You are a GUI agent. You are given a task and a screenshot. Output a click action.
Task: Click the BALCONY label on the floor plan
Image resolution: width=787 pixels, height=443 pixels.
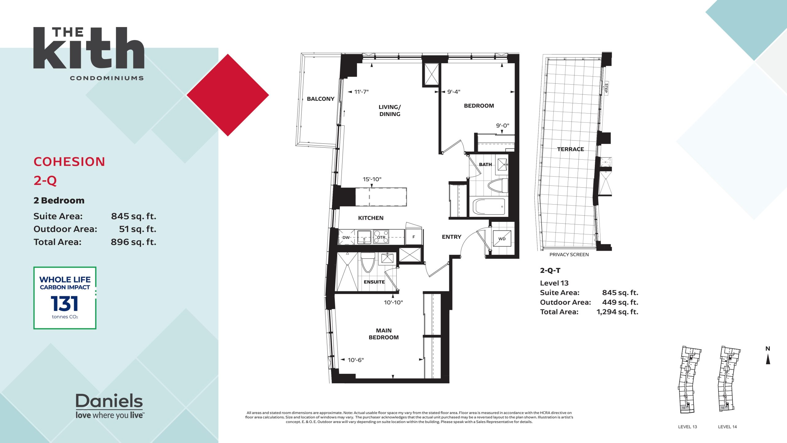pos(321,99)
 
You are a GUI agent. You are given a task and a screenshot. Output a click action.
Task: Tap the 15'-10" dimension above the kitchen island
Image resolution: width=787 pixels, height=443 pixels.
pos(372,179)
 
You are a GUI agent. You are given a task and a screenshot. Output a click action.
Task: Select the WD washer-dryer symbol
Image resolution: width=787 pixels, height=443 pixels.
pos(502,238)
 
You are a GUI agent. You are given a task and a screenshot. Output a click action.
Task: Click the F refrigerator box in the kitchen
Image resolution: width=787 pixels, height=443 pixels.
pos(414,237)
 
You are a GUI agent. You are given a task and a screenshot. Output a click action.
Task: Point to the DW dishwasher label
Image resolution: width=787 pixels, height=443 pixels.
pos(346,237)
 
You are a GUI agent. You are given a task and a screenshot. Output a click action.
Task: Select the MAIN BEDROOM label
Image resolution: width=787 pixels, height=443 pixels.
pos(384,334)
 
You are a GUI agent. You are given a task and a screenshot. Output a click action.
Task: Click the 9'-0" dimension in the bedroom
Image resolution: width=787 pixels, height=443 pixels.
pos(503,126)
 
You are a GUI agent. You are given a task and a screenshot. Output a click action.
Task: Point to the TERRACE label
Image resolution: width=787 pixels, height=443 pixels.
pos(571,149)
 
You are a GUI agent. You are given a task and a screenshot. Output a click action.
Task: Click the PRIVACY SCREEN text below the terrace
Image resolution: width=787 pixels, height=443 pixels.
pos(569,254)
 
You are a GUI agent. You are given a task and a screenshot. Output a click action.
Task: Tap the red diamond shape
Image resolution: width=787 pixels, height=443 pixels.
pos(228,95)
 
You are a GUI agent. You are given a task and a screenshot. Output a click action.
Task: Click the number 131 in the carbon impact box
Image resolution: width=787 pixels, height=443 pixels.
pos(65,304)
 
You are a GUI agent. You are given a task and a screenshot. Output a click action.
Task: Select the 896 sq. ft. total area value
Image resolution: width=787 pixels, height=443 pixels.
pos(133,242)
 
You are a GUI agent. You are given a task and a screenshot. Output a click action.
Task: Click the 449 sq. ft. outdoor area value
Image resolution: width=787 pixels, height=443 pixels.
pos(620,302)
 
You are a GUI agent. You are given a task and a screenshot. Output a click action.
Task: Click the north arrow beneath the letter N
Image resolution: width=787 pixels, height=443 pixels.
pos(768,359)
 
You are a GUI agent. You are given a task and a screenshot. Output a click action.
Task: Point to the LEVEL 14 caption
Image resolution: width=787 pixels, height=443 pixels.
pos(727,427)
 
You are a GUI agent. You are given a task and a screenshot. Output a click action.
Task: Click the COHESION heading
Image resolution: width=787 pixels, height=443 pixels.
pos(69,162)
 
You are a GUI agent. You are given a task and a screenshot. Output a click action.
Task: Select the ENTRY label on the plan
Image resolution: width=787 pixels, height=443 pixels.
pos(452,237)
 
